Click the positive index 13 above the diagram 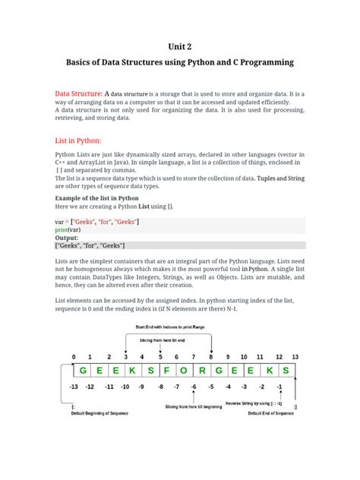[295, 356]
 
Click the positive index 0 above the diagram [74, 356]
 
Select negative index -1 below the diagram [280, 387]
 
